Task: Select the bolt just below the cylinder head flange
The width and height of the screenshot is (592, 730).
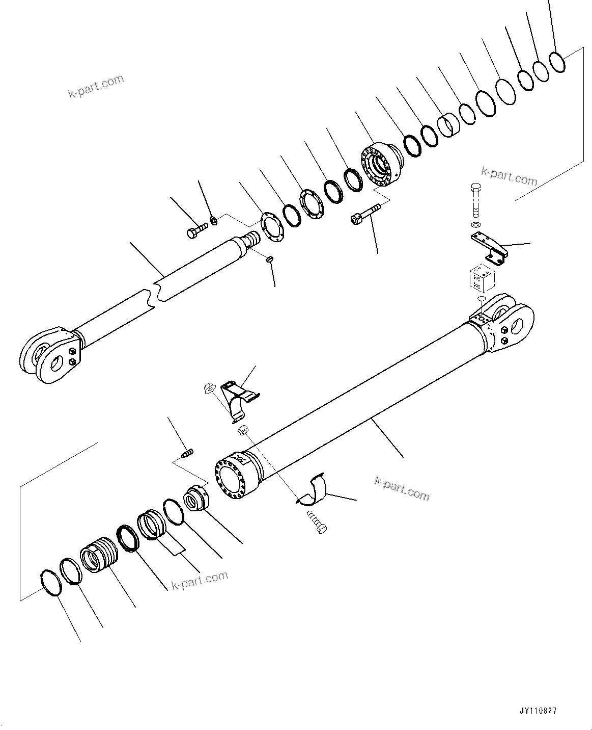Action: coord(365,214)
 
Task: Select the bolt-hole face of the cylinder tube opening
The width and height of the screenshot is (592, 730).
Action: coord(232,479)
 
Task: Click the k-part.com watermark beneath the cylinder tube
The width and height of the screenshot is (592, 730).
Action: coord(402,488)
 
